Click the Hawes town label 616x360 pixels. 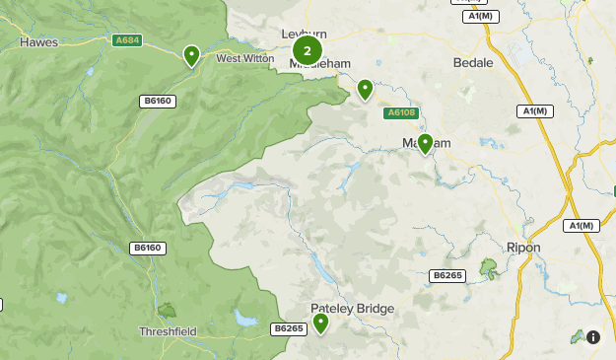[39, 42]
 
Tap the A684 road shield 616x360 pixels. [128, 40]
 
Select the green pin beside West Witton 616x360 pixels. [191, 55]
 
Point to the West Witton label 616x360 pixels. [245, 59]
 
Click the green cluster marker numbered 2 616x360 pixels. [308, 49]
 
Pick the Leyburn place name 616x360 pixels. [303, 34]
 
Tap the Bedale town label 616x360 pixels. [472, 62]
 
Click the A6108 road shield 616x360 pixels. [401, 113]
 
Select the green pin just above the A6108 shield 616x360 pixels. [365, 89]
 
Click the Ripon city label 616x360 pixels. [522, 248]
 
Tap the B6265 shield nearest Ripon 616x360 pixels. [446, 275]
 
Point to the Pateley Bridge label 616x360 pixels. [353, 309]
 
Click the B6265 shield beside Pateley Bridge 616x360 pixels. [289, 327]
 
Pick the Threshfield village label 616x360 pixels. [168, 331]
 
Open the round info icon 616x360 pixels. [593, 337]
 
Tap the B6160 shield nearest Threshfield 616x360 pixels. [146, 247]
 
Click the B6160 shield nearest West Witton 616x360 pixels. [157, 101]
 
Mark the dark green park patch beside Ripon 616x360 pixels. [488, 266]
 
